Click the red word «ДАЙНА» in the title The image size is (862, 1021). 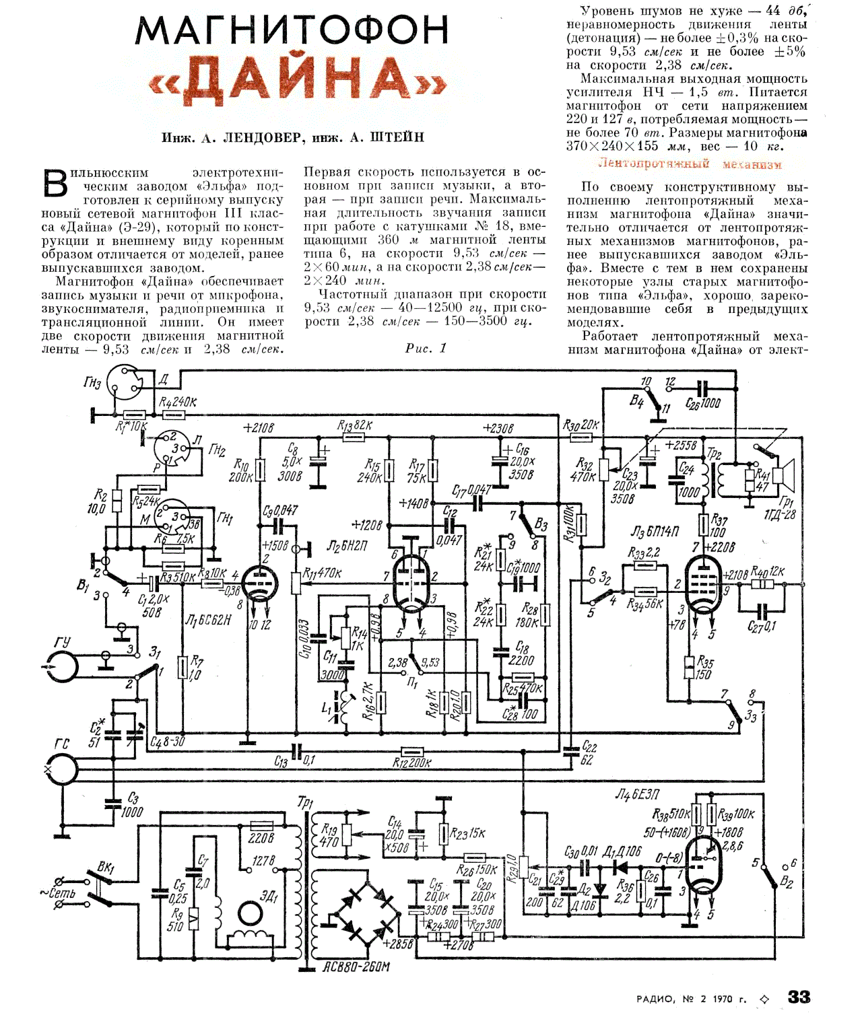(x=297, y=80)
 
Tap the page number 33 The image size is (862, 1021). (x=799, y=997)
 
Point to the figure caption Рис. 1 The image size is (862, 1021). (x=426, y=348)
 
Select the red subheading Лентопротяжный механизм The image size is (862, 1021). (x=690, y=164)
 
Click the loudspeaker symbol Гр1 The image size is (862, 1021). (x=784, y=474)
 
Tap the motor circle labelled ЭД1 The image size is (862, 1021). (x=251, y=913)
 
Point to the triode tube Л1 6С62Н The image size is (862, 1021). (x=259, y=583)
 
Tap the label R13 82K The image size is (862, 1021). (x=354, y=425)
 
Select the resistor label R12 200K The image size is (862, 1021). (x=411, y=763)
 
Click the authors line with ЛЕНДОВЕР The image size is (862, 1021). (x=293, y=137)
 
